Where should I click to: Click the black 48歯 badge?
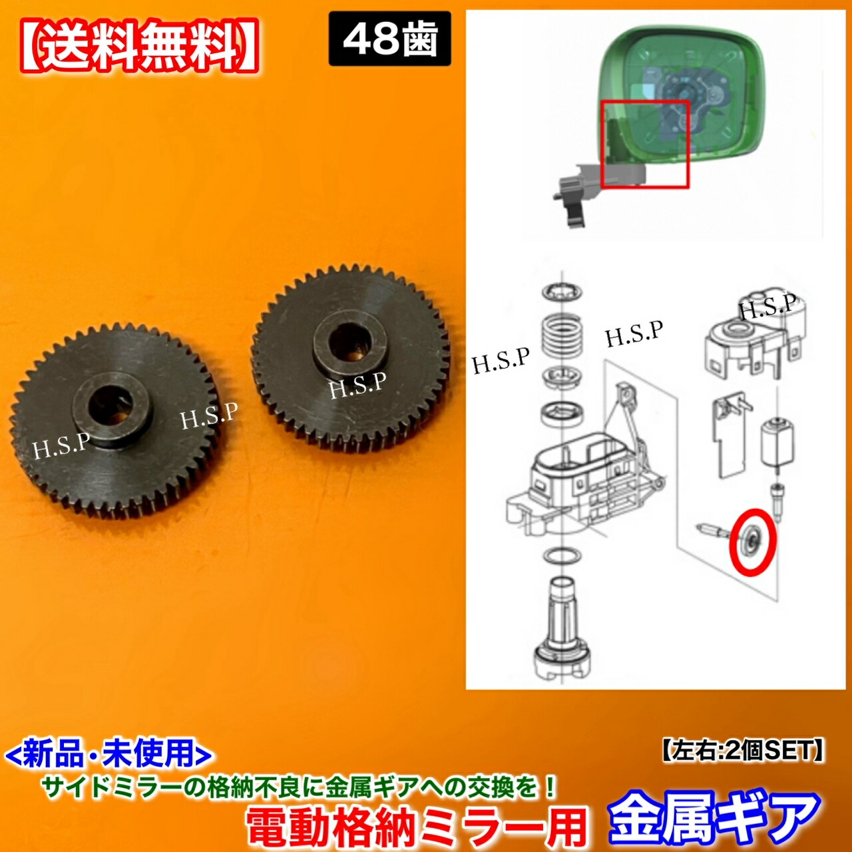pyautogui.click(x=389, y=39)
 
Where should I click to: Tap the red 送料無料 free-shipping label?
pyautogui.click(x=140, y=46)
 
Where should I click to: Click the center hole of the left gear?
pyautogui.click(x=112, y=406)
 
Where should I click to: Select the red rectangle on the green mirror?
pyautogui.click(x=644, y=143)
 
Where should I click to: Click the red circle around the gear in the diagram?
pyautogui.click(x=752, y=541)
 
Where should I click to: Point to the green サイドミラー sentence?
pyautogui.click(x=299, y=788)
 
